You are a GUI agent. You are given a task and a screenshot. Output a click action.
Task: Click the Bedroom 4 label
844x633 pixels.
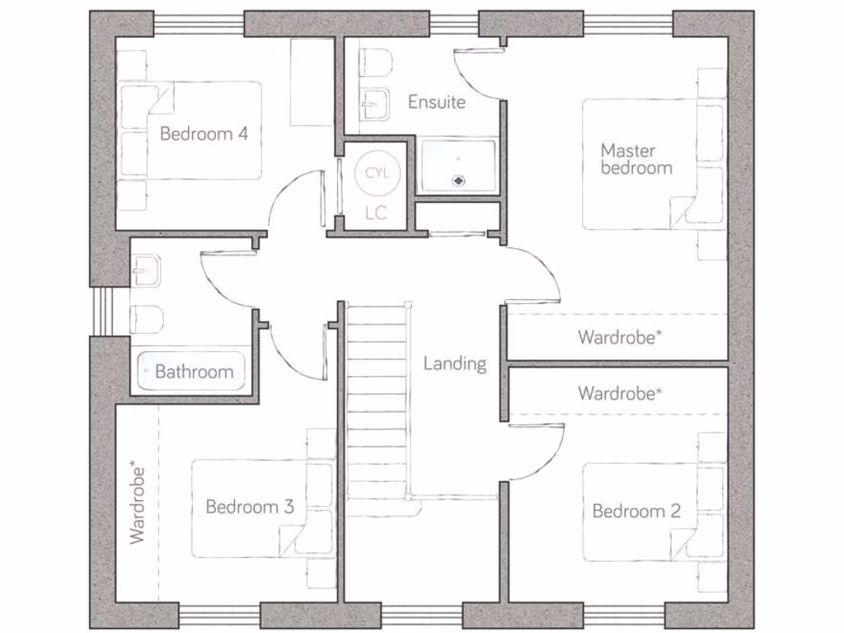click(204, 134)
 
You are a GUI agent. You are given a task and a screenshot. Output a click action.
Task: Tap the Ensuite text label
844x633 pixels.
click(437, 102)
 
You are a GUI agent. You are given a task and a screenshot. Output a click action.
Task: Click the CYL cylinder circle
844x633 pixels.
click(376, 173)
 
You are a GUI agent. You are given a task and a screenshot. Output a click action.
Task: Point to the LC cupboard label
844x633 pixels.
click(376, 213)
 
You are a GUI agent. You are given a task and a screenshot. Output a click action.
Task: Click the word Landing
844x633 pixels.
click(455, 363)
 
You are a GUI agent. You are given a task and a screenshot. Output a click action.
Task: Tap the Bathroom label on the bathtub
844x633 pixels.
click(194, 372)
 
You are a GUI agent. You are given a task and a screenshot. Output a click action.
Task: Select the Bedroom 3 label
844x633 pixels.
click(250, 506)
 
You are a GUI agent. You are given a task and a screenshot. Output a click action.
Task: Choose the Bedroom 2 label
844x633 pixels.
click(636, 511)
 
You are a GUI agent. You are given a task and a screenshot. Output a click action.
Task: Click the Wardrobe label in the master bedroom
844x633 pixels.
click(621, 337)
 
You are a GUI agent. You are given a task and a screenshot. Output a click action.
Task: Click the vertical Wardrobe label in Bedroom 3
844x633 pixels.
click(137, 504)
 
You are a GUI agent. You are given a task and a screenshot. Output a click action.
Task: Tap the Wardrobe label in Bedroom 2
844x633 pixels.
click(621, 393)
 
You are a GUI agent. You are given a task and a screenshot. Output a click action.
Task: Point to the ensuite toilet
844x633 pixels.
click(376, 63)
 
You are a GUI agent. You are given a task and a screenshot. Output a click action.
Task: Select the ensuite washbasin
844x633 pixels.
click(376, 103)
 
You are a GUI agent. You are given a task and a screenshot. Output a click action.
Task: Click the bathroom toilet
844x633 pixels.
click(147, 318)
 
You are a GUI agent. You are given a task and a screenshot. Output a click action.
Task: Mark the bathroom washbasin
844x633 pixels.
click(146, 270)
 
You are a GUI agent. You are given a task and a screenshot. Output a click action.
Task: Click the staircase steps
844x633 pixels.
click(377, 404)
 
